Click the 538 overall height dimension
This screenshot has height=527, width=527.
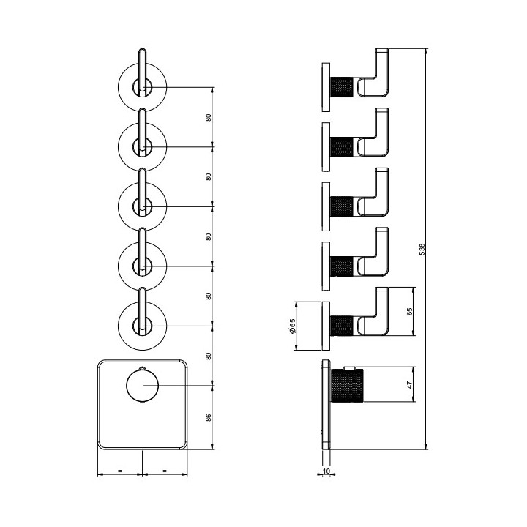422,249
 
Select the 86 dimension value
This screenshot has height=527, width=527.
209,418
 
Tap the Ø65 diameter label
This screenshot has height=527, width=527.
292,326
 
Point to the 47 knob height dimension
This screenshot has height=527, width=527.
410,384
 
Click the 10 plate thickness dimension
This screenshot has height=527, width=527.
326,471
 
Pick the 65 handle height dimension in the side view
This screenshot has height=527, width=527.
409,311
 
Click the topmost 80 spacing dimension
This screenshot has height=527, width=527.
209,117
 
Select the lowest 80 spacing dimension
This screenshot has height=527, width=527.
209,356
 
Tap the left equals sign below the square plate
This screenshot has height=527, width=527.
119,471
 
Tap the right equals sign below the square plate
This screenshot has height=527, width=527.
165,471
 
